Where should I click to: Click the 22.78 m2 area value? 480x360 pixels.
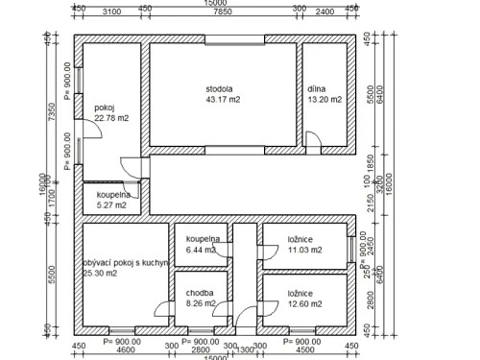coord(111,118)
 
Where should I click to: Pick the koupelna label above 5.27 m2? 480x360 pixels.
coord(115,193)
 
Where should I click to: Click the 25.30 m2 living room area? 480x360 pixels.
coord(100,273)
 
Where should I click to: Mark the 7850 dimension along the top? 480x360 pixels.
coord(220,12)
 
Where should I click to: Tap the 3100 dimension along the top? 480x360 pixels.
coord(109,12)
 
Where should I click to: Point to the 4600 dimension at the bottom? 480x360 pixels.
coord(125,349)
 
